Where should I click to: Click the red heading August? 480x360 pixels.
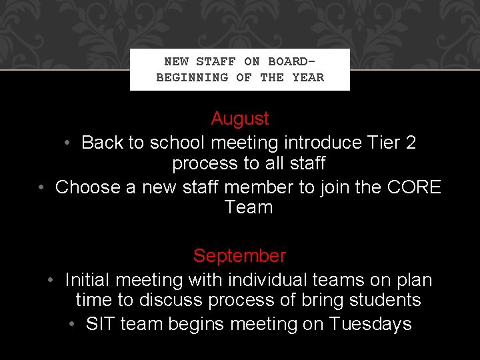coord(240,119)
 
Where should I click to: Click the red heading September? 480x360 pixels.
coord(239,256)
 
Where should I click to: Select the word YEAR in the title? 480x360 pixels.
coord(308,77)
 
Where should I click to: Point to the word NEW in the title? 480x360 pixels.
coord(176,61)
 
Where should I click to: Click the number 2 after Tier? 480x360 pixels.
coord(410,143)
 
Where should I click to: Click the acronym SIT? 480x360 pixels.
coord(101,325)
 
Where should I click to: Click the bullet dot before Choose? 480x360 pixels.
coord(42,187)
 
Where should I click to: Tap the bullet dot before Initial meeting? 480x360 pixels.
coord(52,280)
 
